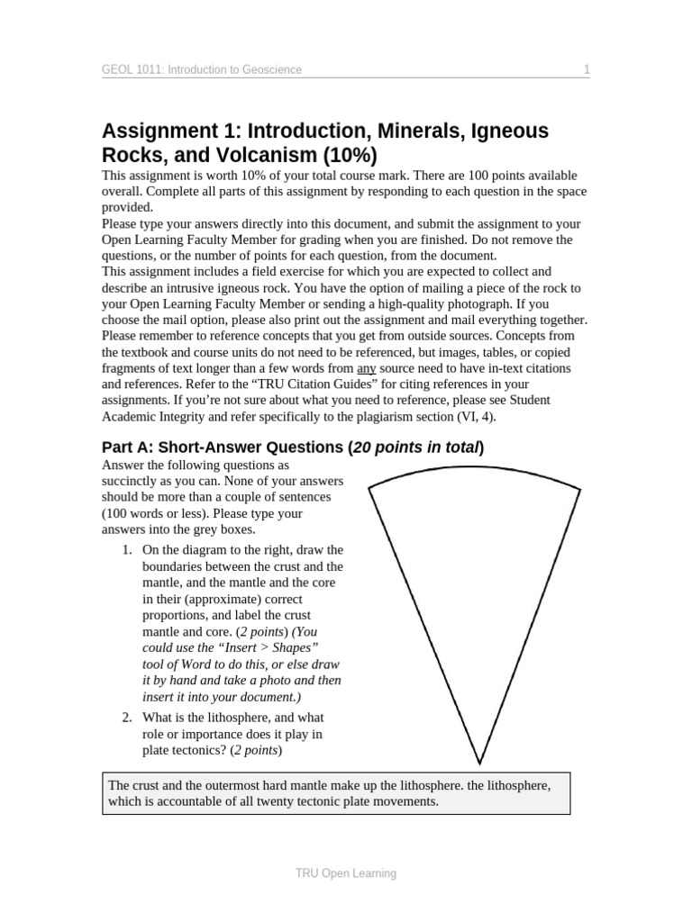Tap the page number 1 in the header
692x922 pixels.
point(586,69)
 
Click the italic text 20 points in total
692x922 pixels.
point(416,447)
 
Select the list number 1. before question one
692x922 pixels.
point(128,549)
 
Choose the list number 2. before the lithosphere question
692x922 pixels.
point(128,718)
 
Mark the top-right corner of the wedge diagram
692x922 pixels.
point(581,489)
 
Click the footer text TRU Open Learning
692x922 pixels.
point(346,873)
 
